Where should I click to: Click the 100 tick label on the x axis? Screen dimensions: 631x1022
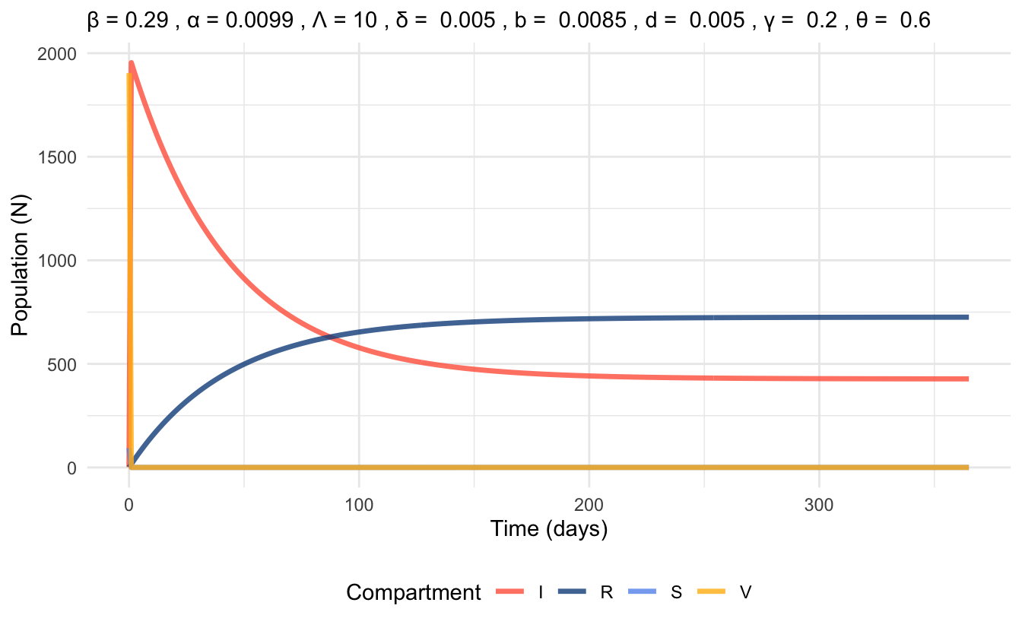358,503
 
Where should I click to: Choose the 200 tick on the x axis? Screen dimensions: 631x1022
589,503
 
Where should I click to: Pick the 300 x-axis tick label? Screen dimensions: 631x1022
818,503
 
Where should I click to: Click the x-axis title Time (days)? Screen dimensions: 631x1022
548,529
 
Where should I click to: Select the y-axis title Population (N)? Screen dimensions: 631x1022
20,260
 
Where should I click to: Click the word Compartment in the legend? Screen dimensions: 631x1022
413,593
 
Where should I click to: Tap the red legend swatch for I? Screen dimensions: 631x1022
510,593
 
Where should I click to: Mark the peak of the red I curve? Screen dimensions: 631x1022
132,63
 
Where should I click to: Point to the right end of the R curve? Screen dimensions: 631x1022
967,317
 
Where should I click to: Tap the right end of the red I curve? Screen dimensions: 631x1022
967,379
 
